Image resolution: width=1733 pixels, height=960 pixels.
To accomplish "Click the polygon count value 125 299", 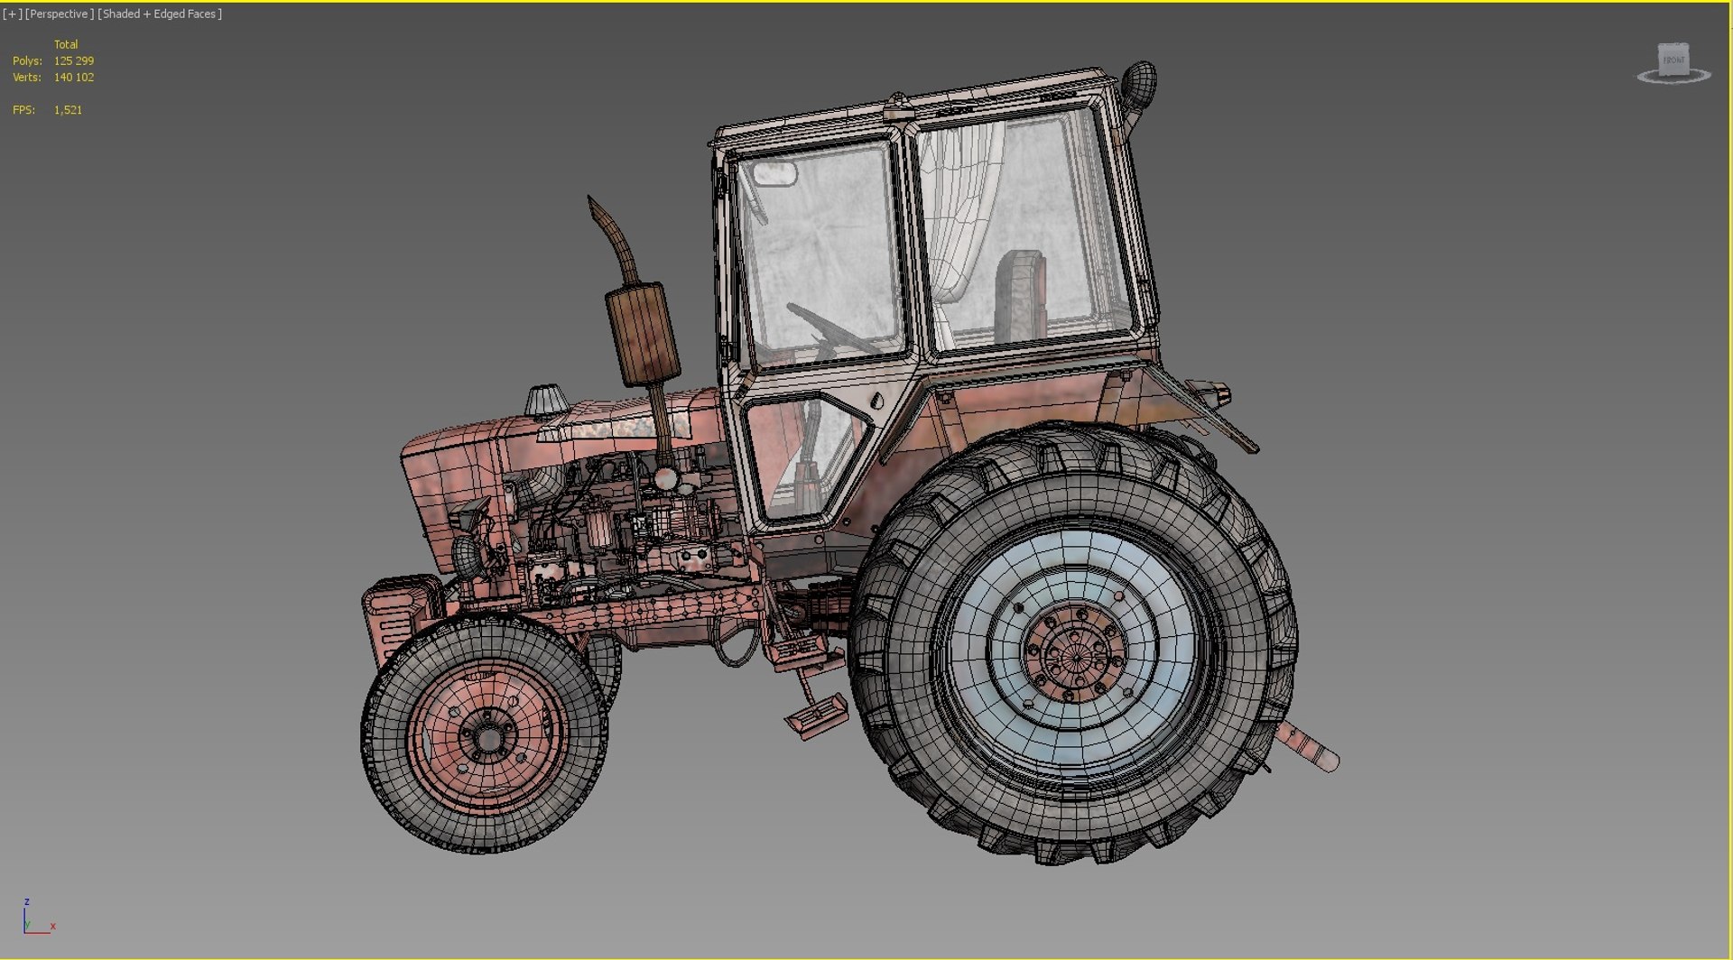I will (x=73, y=60).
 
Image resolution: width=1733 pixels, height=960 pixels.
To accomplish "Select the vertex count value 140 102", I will (x=73, y=77).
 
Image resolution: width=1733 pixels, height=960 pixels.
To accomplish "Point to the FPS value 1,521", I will (x=68, y=109).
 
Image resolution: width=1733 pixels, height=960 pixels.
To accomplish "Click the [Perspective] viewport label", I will (x=59, y=14).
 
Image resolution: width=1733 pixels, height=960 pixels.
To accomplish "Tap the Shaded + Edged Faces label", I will (x=159, y=14).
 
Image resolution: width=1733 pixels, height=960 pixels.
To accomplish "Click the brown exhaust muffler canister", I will (x=642, y=334).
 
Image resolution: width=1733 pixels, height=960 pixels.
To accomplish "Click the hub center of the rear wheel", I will (x=1075, y=651).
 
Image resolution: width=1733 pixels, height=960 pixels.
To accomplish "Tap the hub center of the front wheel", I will (x=488, y=738).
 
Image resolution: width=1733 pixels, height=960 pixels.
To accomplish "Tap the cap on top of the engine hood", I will (x=545, y=400).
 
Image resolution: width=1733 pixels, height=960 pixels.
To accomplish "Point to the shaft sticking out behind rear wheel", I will (x=1308, y=748).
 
